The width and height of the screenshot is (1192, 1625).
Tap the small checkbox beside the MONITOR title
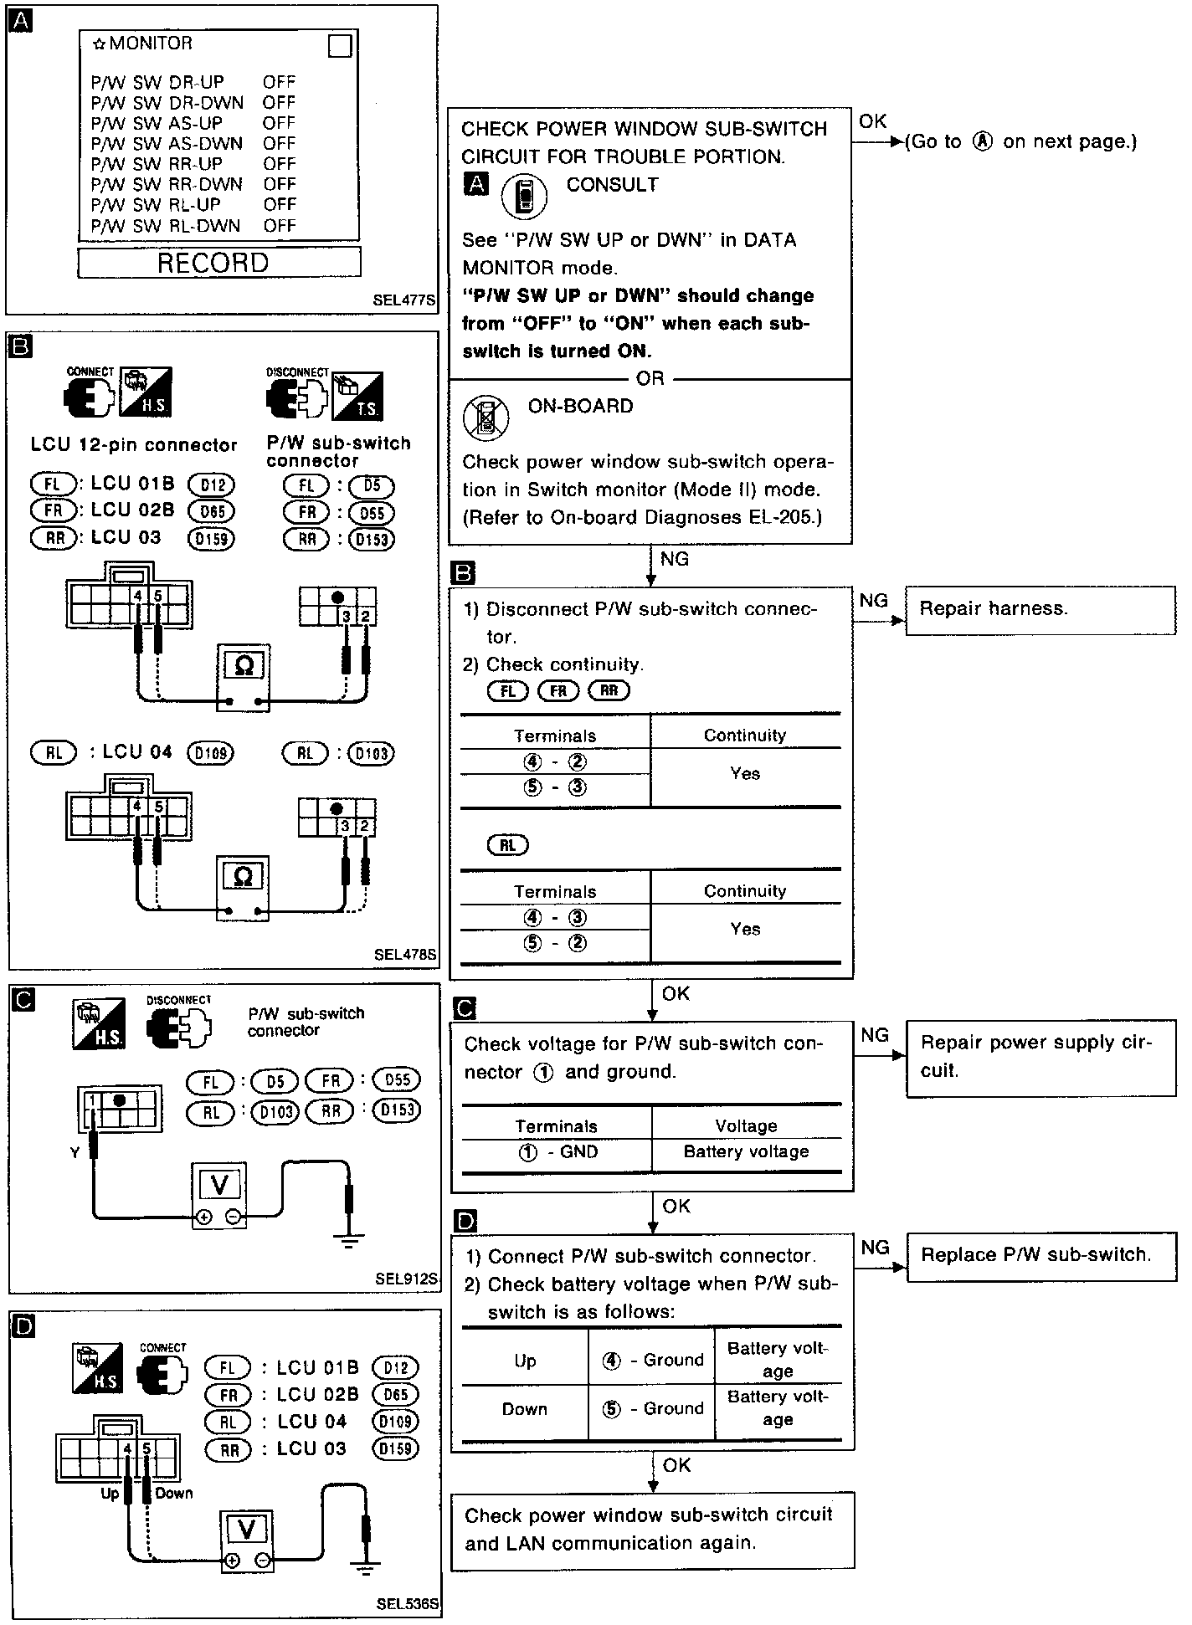(340, 46)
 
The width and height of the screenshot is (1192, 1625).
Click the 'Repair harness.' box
(1040, 610)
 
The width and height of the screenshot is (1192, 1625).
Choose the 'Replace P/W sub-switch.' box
(1040, 1255)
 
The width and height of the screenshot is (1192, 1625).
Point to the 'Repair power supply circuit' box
(1040, 1057)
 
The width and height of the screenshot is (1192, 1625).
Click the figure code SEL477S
(405, 300)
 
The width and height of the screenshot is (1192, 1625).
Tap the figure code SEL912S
(406, 1279)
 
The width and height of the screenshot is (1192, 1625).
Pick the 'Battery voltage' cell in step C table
(746, 1152)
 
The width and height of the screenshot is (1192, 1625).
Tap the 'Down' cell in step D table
(525, 1410)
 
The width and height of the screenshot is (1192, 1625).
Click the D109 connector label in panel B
(210, 753)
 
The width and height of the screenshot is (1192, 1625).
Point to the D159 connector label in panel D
(394, 1448)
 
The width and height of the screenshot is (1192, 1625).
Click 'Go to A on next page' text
(1020, 142)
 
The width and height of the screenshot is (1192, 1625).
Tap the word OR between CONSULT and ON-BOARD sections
(650, 379)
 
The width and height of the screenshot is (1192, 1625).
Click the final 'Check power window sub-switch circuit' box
(652, 1530)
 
